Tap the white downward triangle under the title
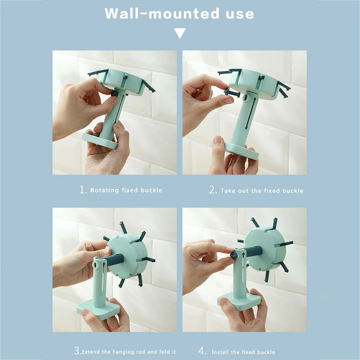click(180, 33)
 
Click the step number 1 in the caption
click(83, 190)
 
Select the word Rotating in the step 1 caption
click(104, 190)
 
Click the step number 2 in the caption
click(213, 190)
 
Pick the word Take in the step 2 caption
click(227, 191)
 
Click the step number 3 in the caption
click(77, 351)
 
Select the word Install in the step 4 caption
click(223, 351)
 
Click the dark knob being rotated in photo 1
click(115, 93)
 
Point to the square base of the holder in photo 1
click(100, 140)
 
